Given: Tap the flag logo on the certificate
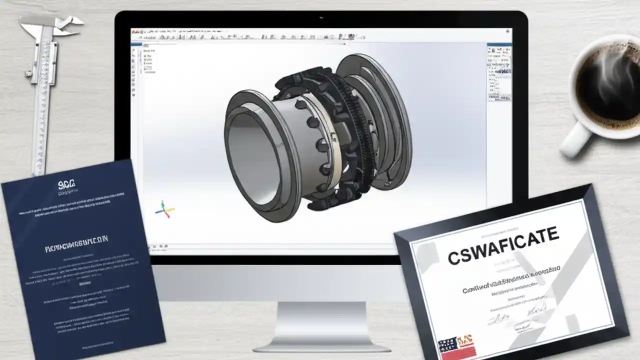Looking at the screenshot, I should tap(455, 344).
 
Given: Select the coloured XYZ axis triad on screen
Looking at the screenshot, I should tap(164, 210).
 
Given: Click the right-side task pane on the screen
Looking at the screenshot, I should tap(498, 72).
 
